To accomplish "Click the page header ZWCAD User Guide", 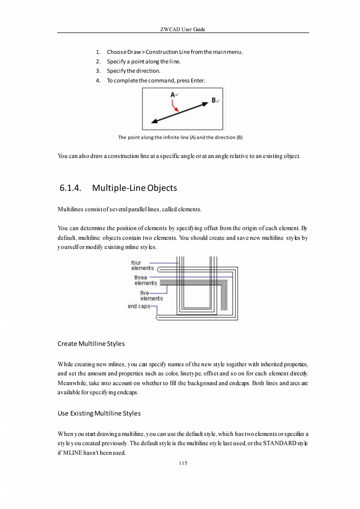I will point(183,29).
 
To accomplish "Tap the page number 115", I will point(183,463).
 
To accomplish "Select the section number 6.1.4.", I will point(70,188).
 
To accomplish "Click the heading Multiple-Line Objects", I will point(135,188).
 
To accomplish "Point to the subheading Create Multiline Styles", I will point(91,344).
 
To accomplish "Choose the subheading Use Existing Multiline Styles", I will point(99,413).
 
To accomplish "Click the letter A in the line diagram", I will point(173,94).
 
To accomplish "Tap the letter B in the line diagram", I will point(214,101).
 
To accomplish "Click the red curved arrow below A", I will point(175,106).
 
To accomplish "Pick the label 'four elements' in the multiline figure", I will point(142,265).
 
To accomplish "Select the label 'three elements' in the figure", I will point(145,280).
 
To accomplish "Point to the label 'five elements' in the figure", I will point(151,296).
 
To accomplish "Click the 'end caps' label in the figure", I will point(139,306).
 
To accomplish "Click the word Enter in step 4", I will point(197,81).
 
